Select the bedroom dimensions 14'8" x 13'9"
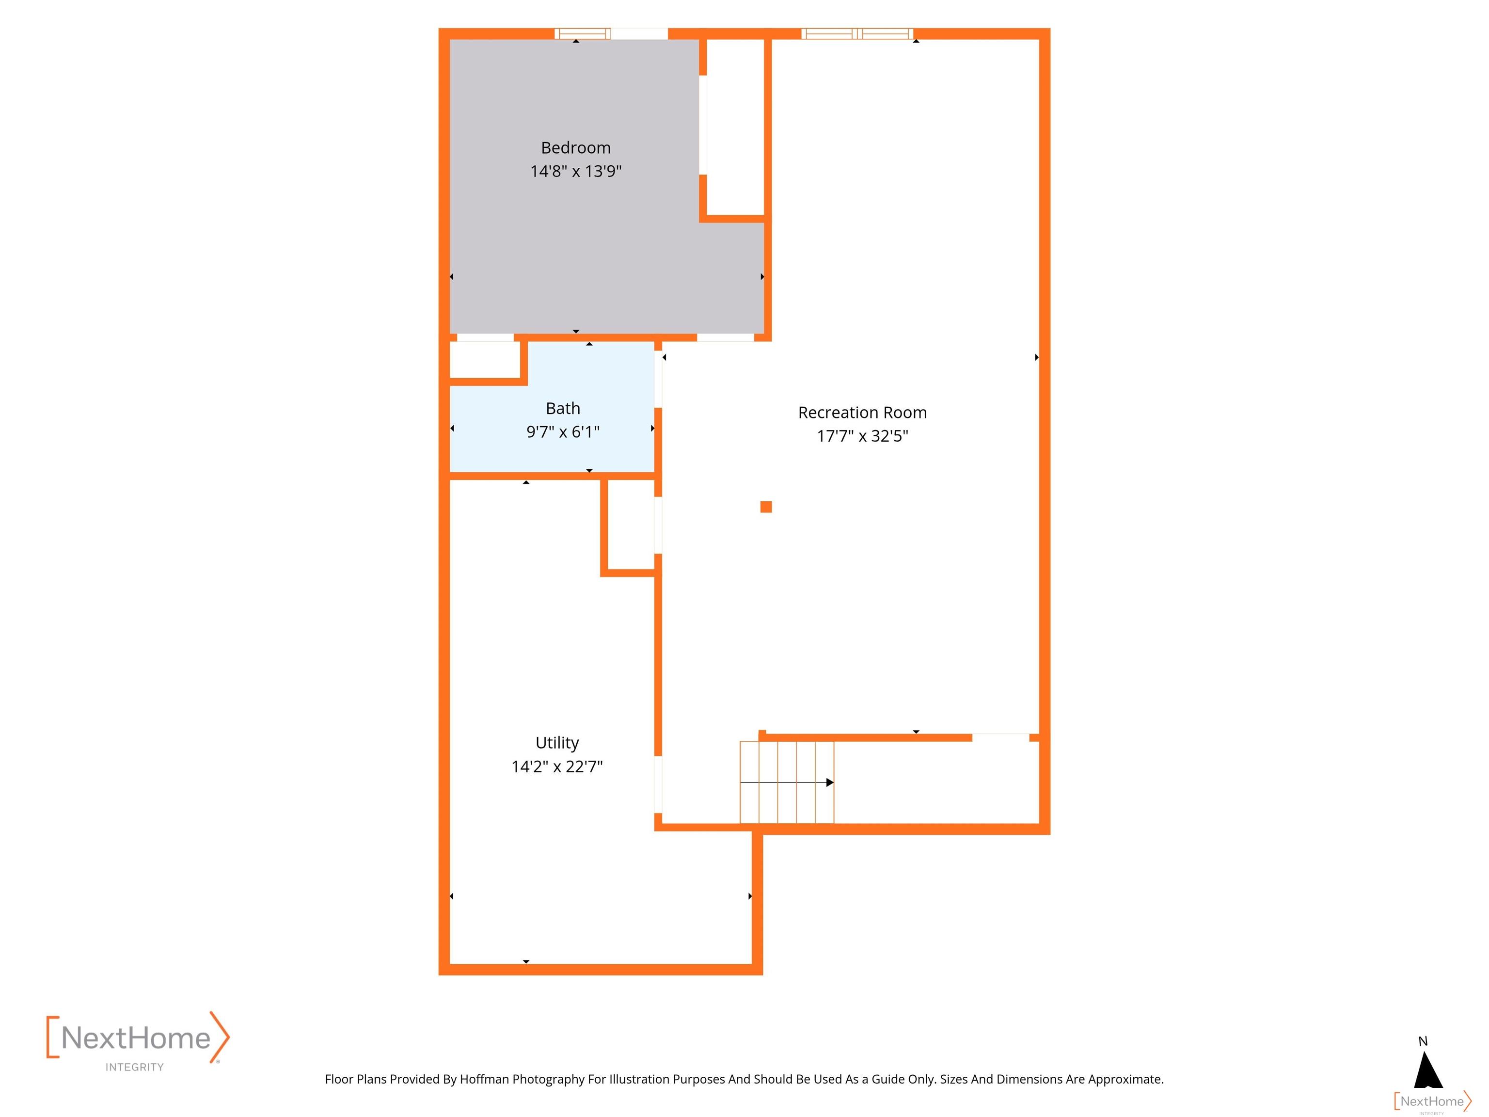point(575,171)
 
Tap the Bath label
point(563,409)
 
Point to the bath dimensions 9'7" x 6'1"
point(563,431)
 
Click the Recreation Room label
point(862,413)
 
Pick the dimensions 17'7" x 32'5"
point(862,436)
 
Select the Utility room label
point(557,743)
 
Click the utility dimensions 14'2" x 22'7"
point(557,766)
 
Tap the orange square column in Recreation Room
point(766,507)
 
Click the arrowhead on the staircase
point(830,782)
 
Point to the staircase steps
point(786,782)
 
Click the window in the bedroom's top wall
point(582,33)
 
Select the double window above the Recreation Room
point(857,33)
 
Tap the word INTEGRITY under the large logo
point(135,1067)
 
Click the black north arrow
point(1428,1070)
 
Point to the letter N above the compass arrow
point(1423,1041)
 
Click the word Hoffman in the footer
point(485,1079)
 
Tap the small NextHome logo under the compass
point(1432,1101)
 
